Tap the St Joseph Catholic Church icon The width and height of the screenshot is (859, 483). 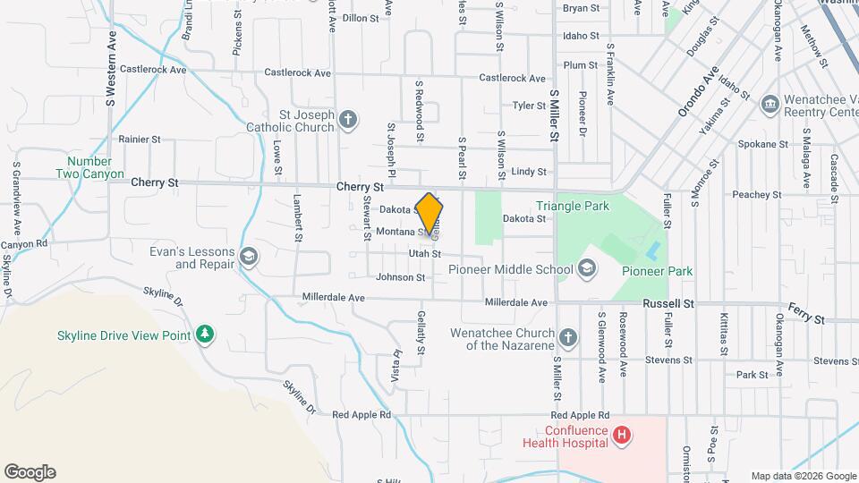coord(348,119)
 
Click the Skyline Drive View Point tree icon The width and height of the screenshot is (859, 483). coord(206,335)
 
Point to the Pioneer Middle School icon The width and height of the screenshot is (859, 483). coord(587,268)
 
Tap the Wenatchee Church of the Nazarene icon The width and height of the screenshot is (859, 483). coord(567,337)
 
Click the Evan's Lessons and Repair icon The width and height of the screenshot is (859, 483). coord(249,258)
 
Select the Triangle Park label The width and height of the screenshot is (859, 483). coord(573,207)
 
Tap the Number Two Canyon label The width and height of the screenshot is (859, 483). coord(89,168)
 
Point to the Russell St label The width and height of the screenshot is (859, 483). coord(668,304)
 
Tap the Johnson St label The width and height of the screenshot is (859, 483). coord(400,277)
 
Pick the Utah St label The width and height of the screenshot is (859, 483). coord(425,254)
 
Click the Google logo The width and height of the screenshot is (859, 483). coord(30,472)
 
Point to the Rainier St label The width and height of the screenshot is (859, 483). coord(139,140)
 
